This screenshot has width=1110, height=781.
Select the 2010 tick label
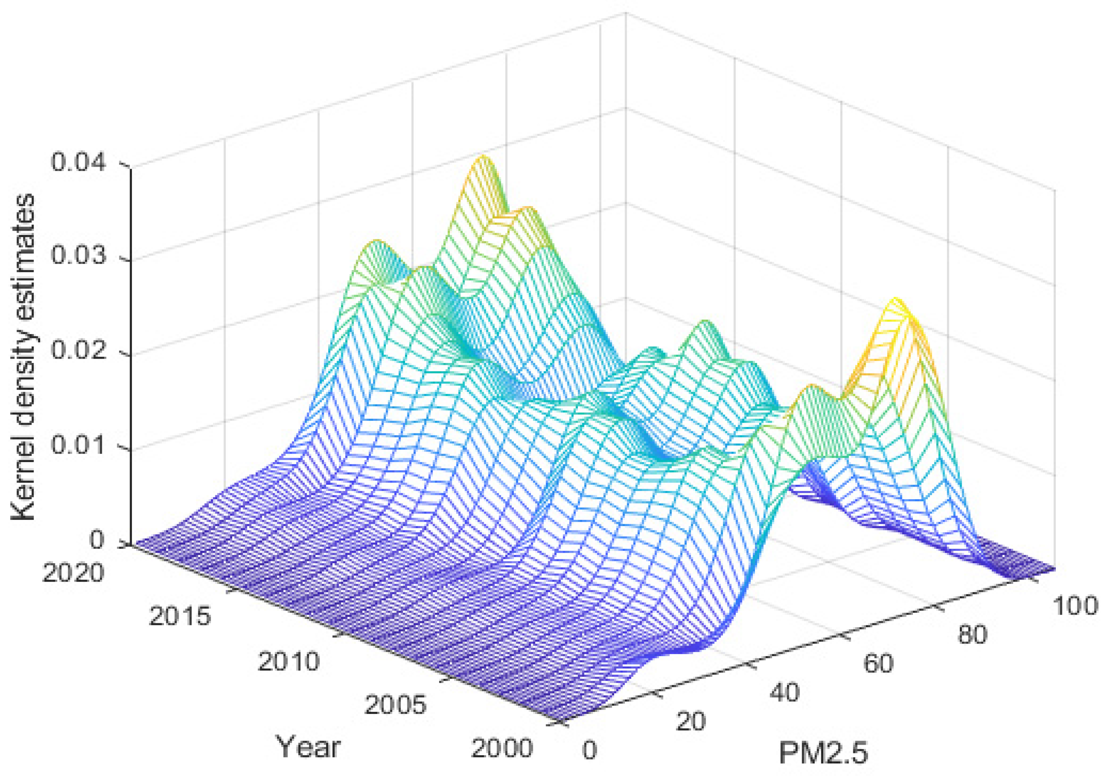[289, 661]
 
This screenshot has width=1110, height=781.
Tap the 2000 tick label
[502, 748]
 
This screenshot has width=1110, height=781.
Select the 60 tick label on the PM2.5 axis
[878, 663]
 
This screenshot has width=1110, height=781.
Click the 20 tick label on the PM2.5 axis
[690, 722]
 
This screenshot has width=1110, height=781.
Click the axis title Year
[308, 747]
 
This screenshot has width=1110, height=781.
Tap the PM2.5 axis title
[823, 753]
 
